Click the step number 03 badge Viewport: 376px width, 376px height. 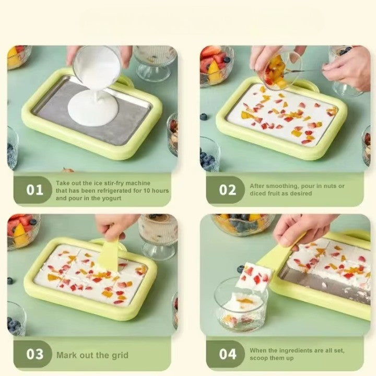click(35, 355)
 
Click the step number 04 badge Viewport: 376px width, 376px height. click(227, 355)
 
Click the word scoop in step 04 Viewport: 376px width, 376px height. click(260, 359)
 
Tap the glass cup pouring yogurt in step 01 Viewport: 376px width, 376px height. click(97, 68)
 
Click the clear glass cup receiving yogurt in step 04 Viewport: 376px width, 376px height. click(241, 305)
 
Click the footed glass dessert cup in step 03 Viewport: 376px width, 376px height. click(157, 235)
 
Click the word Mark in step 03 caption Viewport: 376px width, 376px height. click(66, 355)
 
